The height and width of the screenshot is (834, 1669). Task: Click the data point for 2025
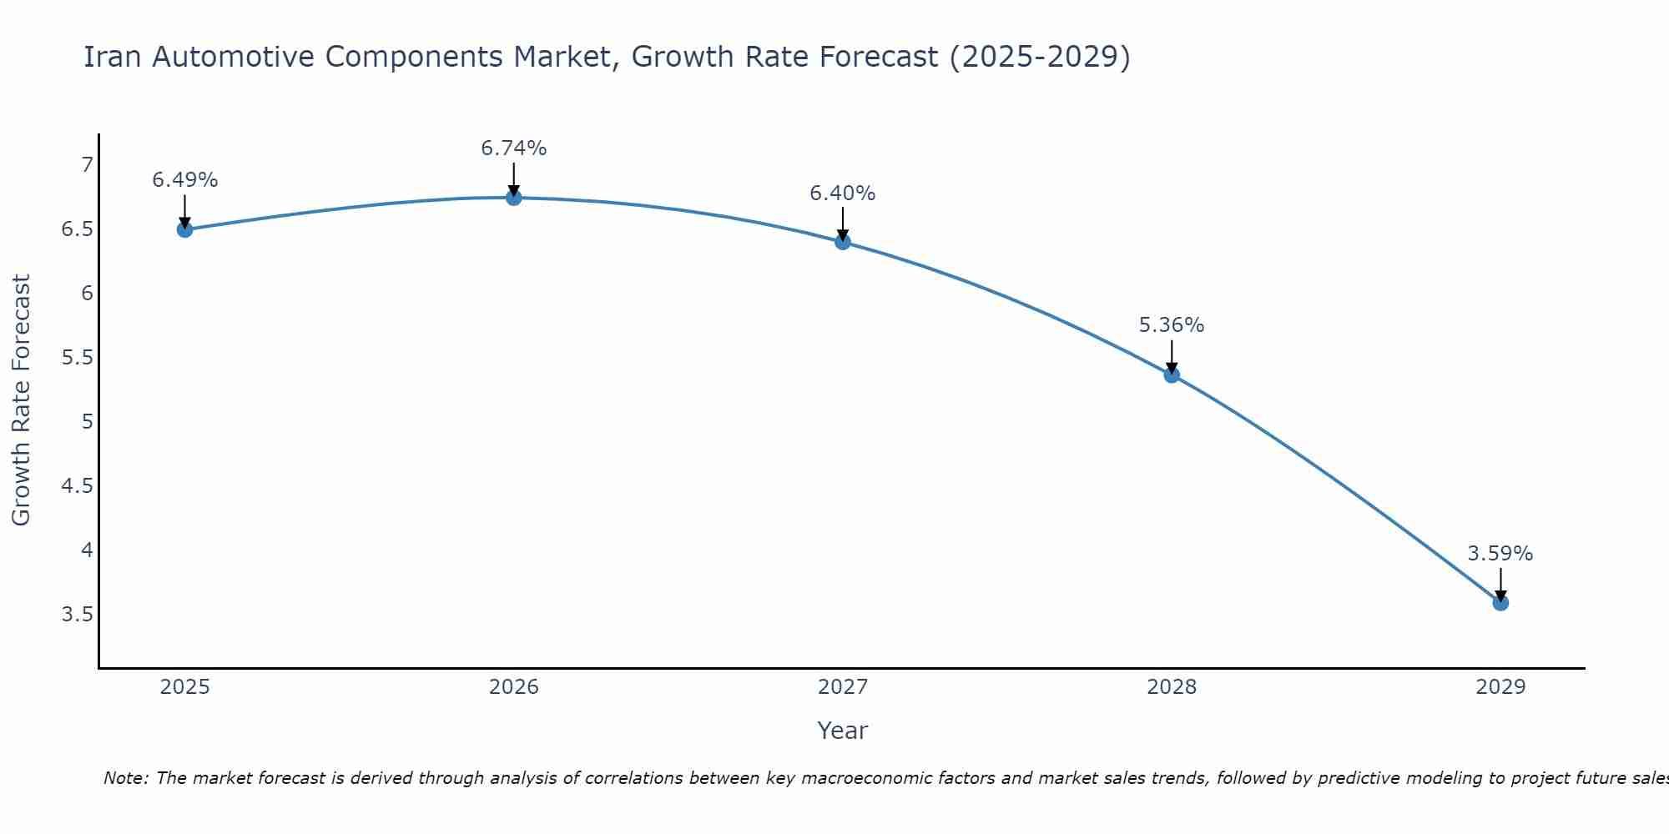(185, 229)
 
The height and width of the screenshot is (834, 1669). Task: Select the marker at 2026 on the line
(514, 198)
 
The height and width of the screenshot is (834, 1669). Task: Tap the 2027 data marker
(843, 242)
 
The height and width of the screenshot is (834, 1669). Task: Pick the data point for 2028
(1172, 374)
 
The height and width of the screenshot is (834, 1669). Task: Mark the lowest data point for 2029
(1500, 602)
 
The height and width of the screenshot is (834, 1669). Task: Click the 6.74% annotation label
(514, 148)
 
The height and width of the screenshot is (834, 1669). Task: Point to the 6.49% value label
(185, 180)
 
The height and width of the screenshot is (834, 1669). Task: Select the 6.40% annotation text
(843, 193)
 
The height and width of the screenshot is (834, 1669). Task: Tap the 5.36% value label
(1172, 325)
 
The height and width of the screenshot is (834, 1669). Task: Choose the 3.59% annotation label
(1500, 554)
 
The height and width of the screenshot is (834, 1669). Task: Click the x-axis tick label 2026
(514, 687)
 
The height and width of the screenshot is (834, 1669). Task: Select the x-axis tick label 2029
(1500, 687)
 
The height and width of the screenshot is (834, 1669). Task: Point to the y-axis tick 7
(87, 165)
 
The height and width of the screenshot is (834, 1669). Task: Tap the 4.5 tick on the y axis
(77, 486)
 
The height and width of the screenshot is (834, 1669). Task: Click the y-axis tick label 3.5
(77, 615)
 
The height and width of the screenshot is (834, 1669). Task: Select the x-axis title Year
(843, 731)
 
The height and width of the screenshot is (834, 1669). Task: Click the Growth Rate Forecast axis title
(22, 400)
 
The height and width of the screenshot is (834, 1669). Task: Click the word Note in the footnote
(125, 778)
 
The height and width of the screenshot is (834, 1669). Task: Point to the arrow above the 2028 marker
(1172, 357)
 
